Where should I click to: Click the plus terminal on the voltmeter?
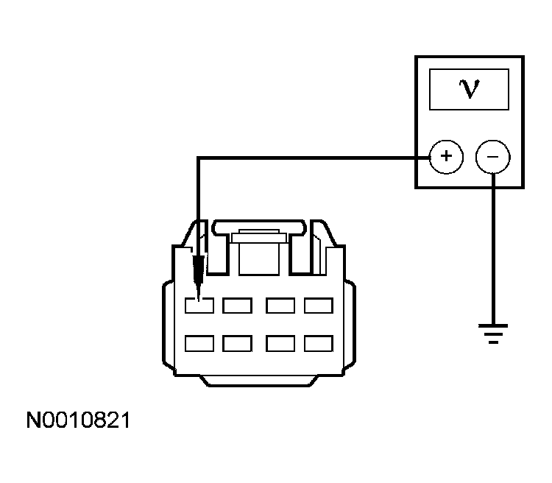pyautogui.click(x=446, y=157)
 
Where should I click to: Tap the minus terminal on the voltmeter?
pyautogui.click(x=493, y=157)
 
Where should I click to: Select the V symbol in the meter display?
pyautogui.click(x=470, y=89)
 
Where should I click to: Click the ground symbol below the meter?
pyautogui.click(x=493, y=334)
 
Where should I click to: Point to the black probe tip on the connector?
pyautogui.click(x=199, y=278)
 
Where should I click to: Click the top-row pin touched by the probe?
pyautogui.click(x=199, y=306)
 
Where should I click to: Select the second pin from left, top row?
pyautogui.click(x=237, y=306)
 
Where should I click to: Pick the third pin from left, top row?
pyautogui.click(x=280, y=306)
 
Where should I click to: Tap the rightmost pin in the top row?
pyautogui.click(x=319, y=306)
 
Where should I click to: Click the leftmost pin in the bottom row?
pyautogui.click(x=199, y=344)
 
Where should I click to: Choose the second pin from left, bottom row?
pyautogui.click(x=237, y=344)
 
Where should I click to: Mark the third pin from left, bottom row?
pyautogui.click(x=280, y=344)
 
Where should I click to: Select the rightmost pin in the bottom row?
pyautogui.click(x=319, y=344)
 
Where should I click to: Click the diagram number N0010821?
pyautogui.click(x=78, y=420)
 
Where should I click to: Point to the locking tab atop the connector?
pyautogui.click(x=259, y=228)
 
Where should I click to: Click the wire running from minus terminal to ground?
pyautogui.click(x=493, y=248)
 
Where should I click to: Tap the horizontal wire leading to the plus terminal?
pyautogui.click(x=314, y=158)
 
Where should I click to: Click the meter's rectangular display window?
pyautogui.click(x=469, y=90)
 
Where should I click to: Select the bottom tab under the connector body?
pyautogui.click(x=259, y=381)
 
